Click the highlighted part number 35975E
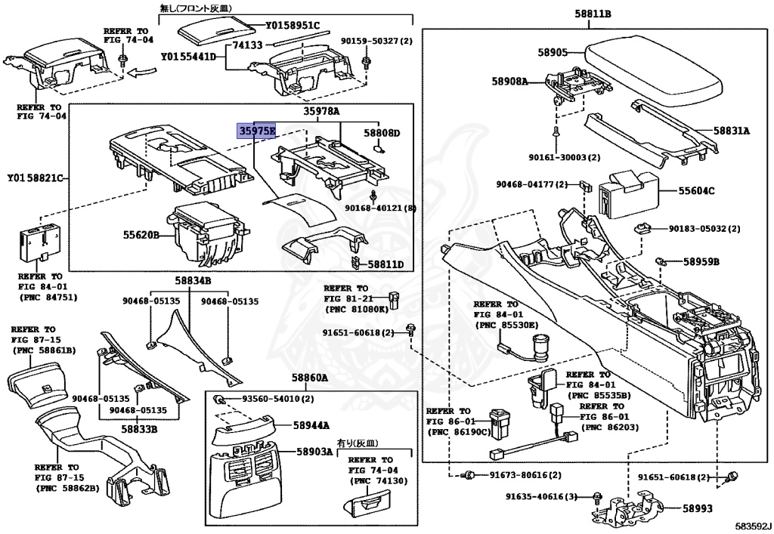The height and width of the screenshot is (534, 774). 257,131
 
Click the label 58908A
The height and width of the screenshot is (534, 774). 509,80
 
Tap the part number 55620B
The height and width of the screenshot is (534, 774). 141,235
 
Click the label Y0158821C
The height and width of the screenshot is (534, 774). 34,178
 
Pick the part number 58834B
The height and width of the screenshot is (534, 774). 193,281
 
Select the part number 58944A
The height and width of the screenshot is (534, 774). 309,426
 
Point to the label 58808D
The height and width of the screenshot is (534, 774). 382,134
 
